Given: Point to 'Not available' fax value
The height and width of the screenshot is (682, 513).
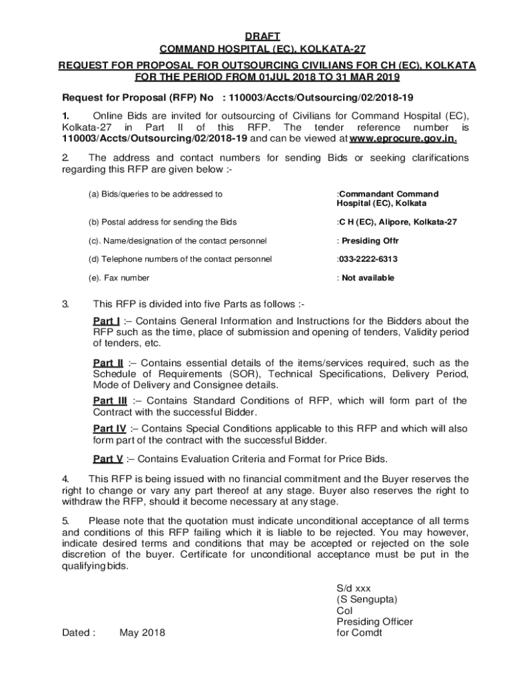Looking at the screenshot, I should [368, 278].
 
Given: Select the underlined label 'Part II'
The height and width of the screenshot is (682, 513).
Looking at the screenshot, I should [108, 363].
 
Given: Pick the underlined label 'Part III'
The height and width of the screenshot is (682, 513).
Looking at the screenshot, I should [110, 401].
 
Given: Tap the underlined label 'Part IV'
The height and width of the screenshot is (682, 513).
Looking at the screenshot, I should [110, 429].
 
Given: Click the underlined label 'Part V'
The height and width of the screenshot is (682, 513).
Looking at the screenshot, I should [108, 459].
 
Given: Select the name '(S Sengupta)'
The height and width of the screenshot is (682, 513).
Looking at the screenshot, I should [367, 599].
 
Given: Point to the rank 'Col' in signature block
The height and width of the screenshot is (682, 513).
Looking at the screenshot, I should [344, 611].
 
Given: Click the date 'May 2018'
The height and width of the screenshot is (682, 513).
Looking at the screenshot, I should [142, 633].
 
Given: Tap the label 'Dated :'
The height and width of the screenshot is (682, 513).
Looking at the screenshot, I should [79, 633].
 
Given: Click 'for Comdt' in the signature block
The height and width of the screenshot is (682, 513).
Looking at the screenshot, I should [360, 633].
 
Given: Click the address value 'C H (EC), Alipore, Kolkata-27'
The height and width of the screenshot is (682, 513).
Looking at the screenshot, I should [398, 222].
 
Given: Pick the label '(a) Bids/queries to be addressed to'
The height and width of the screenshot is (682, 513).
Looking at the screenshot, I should [155, 194].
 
